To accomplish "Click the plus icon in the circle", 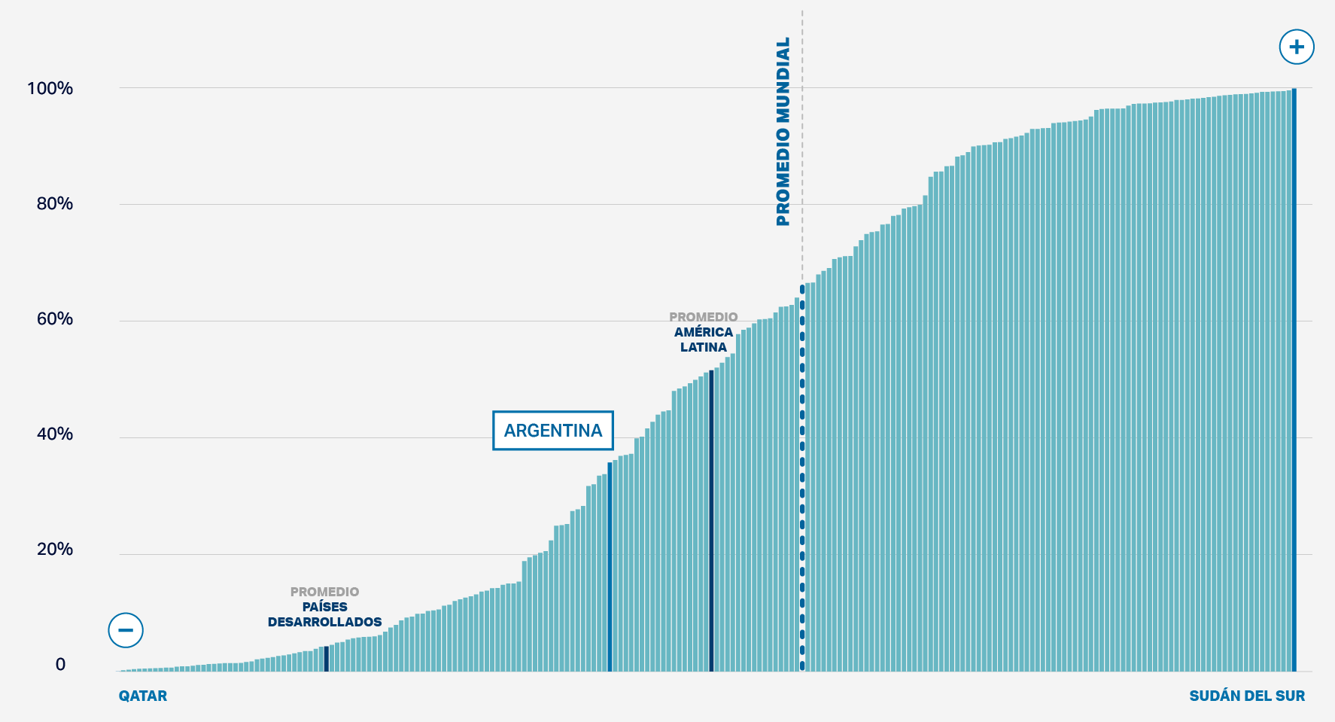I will click(x=1296, y=47).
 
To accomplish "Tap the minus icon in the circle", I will click(x=126, y=630).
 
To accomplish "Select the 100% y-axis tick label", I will click(x=50, y=89).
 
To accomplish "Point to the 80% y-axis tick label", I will click(x=54, y=204).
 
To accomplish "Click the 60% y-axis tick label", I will click(x=54, y=319).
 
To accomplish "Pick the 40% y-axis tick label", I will click(x=54, y=434).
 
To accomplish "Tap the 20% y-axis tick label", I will click(x=54, y=550).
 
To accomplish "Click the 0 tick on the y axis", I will click(x=60, y=665).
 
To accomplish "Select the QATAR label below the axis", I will click(x=143, y=696).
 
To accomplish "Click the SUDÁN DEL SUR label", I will click(x=1247, y=696).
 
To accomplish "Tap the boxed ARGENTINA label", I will click(x=553, y=431).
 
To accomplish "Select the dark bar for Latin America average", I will click(x=711, y=519).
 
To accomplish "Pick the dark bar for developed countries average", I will click(x=326, y=658).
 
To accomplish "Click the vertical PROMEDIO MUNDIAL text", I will click(x=783, y=132).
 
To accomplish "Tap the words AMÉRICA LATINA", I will click(x=704, y=340).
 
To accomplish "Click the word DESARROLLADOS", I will click(x=325, y=622).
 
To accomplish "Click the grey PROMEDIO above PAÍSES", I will click(x=325, y=592).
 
